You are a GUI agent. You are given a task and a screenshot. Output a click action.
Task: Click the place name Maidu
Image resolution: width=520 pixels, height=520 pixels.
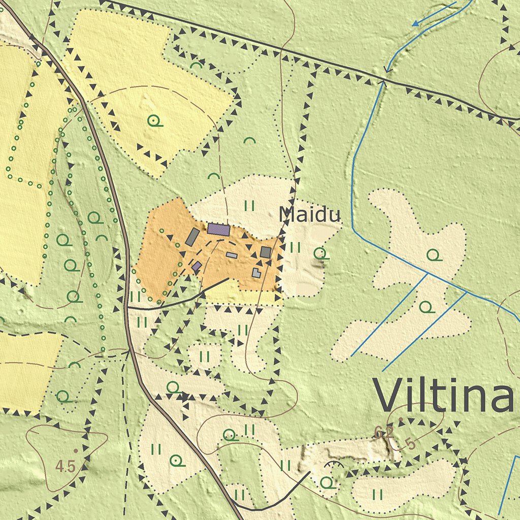(x=309, y=215)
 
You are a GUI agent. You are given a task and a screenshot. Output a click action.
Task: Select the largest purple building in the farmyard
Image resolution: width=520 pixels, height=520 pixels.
(x=218, y=229)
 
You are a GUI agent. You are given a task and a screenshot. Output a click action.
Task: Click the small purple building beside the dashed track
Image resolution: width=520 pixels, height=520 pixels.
(x=197, y=266)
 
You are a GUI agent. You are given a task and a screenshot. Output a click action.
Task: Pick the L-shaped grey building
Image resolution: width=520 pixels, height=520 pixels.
(x=257, y=273)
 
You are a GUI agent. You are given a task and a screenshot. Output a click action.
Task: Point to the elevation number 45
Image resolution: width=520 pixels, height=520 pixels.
(x=67, y=465)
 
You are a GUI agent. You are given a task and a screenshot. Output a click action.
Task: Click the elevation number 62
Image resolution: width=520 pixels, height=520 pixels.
(x=384, y=432)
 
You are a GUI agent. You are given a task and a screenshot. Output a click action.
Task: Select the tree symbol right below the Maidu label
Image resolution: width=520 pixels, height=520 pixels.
(x=320, y=252)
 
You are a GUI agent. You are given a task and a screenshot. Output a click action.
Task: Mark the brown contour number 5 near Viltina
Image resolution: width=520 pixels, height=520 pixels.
(x=410, y=444)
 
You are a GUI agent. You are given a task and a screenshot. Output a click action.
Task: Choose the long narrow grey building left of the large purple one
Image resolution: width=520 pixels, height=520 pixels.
(x=192, y=237)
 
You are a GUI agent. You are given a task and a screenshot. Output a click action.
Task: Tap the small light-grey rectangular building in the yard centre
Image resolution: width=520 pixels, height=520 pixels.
(x=232, y=255)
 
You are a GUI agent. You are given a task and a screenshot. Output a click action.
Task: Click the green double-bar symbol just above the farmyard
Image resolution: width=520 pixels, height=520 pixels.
(x=249, y=205)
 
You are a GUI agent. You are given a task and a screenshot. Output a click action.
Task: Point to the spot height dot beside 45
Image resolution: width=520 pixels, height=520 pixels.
(x=76, y=450)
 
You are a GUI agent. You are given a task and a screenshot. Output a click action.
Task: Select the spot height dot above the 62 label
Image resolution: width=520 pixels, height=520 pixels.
(x=401, y=420)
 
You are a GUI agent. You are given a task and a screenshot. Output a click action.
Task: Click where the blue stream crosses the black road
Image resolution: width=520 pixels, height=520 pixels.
(x=384, y=80)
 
